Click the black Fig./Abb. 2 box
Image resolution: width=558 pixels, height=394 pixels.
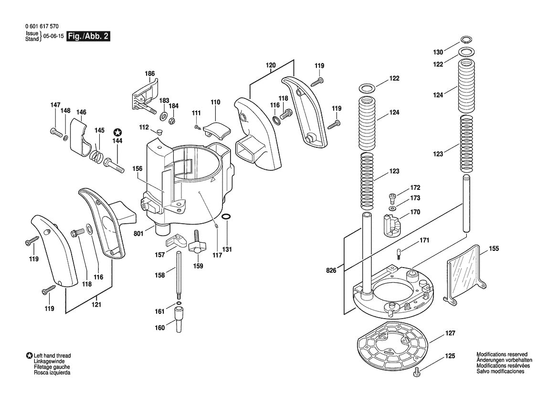89,36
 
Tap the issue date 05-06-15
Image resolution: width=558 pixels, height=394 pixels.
53,36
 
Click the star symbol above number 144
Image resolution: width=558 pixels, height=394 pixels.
117,132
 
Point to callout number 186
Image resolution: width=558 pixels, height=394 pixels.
150,73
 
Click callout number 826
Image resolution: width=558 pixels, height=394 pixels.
331,270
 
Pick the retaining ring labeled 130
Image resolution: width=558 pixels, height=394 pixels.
466,40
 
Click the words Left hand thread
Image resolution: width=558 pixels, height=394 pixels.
52,356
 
